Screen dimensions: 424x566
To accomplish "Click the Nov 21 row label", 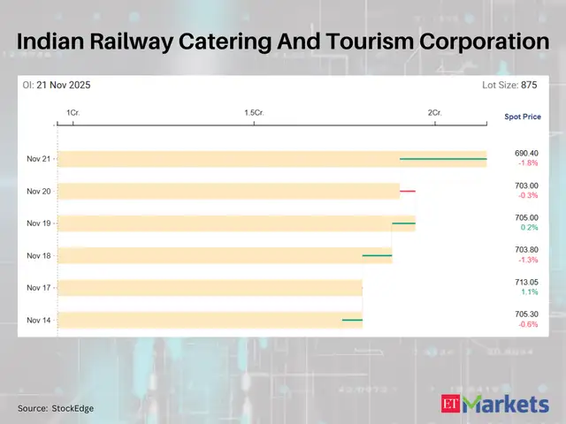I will tap(39, 159).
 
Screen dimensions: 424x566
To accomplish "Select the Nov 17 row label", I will tap(39, 287).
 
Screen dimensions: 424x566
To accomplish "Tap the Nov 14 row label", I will tap(39, 319).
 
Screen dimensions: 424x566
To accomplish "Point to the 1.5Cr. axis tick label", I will tap(254, 113).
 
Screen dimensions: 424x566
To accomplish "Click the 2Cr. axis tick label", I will tap(434, 113).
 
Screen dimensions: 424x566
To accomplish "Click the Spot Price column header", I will tap(521, 117).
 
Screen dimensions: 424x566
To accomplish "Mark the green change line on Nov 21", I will tap(443, 159).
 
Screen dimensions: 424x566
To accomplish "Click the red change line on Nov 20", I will tap(408, 191).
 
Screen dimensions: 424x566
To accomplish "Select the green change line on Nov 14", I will tap(352, 319).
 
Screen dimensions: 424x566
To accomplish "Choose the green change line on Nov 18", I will tap(377, 255).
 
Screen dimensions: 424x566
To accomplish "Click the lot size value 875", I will tap(529, 85).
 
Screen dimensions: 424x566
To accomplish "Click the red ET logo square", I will tap(452, 405).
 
